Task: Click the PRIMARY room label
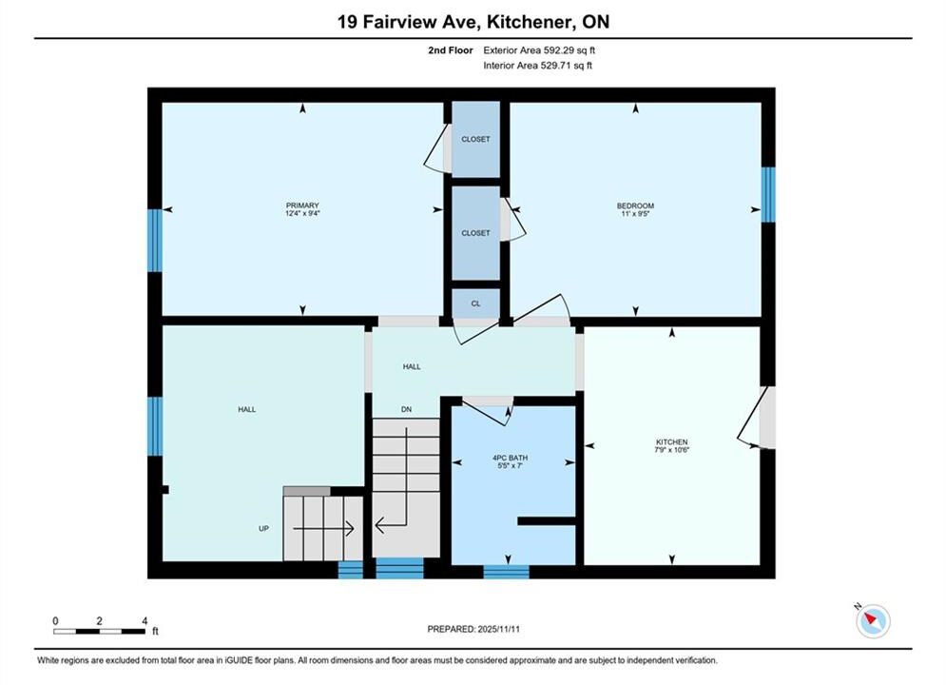(302, 205)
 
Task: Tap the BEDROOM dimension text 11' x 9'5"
(635, 214)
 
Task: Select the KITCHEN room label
(671, 441)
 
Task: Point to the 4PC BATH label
(510, 458)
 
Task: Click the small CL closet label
(476, 303)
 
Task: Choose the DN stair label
(407, 409)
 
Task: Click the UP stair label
(263, 529)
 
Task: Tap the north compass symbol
(872, 619)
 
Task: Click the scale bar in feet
(100, 632)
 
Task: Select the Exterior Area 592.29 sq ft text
(539, 50)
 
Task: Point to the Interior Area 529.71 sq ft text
(537, 66)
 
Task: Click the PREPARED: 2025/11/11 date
(473, 629)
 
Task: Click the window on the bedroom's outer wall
(768, 194)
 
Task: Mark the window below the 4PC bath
(506, 572)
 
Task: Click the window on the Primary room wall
(155, 240)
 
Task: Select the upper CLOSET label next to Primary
(476, 140)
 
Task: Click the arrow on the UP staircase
(323, 529)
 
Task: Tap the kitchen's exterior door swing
(755, 418)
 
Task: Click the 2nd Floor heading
(451, 50)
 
